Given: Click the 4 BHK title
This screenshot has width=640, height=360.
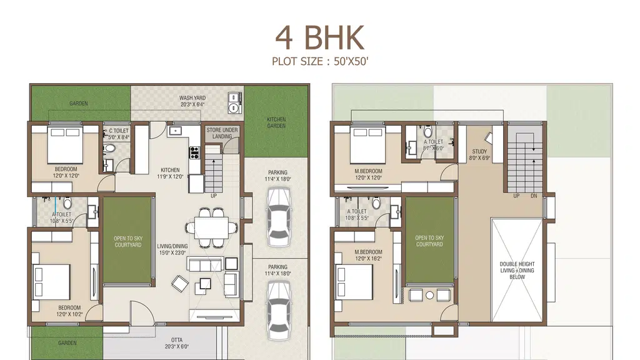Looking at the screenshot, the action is [x=319, y=38].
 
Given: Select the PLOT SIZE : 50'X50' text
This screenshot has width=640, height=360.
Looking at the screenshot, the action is [x=320, y=62].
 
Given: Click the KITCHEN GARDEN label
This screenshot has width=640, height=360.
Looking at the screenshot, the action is [x=276, y=122].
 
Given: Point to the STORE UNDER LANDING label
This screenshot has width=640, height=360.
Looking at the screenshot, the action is [x=222, y=133].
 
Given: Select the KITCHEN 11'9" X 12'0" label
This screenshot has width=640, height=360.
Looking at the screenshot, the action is [x=170, y=173].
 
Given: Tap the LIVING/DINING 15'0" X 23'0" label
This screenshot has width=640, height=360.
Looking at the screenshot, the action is [x=172, y=249].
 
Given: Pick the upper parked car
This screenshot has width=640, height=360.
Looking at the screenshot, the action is [x=278, y=217].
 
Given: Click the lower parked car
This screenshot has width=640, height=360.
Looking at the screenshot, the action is [x=279, y=310].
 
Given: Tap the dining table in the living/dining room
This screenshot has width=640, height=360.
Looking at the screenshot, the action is [x=211, y=227].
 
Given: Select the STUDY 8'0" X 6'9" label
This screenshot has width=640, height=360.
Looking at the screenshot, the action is [x=479, y=155].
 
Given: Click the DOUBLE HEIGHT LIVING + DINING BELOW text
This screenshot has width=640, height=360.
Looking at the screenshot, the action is [x=517, y=270].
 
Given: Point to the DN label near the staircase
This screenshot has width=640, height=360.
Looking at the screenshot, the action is [x=534, y=196].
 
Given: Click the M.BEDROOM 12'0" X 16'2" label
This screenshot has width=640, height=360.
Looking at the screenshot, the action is [x=368, y=255].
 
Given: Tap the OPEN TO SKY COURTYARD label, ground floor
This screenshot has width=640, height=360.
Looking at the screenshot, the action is [x=127, y=242].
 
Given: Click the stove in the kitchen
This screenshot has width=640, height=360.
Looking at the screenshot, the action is [x=194, y=152].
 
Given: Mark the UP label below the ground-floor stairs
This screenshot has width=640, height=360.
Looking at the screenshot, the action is [x=214, y=196].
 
